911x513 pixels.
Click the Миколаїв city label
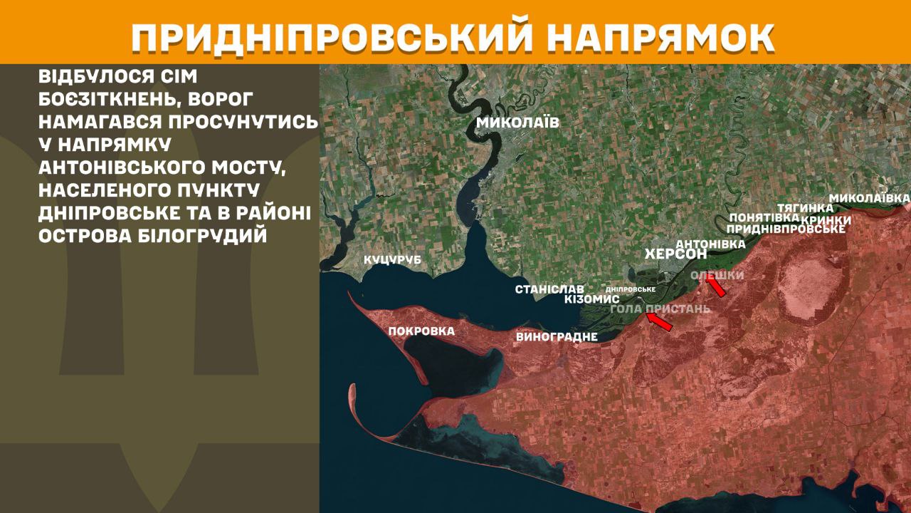coord(517,123)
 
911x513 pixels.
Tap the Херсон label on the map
coord(675,254)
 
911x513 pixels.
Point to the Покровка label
coord(421,331)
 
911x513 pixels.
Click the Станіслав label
coord(549,289)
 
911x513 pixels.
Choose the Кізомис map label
coord(591,300)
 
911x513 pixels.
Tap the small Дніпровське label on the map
coord(630,289)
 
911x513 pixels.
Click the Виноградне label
coord(557,337)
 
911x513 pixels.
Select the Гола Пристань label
coord(660,309)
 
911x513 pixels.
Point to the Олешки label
coord(717,275)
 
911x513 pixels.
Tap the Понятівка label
coord(759,217)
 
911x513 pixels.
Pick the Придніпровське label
coord(786,229)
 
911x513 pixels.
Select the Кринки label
coord(826,220)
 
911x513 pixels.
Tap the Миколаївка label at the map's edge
coord(870,197)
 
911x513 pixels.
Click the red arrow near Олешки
coord(715,286)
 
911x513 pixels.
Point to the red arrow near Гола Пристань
coord(659,322)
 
